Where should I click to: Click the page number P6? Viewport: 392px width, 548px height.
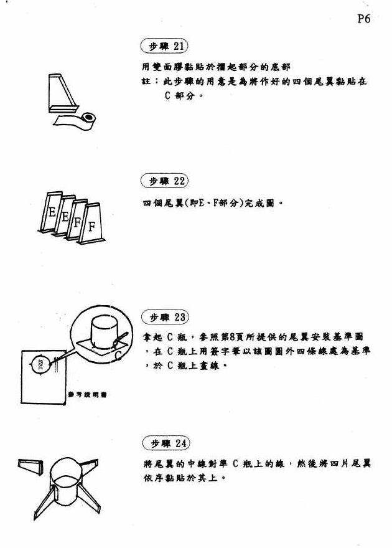tap(364, 19)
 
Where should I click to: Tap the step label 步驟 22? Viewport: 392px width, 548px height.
tap(165, 181)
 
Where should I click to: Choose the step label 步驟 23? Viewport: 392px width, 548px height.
tap(165, 318)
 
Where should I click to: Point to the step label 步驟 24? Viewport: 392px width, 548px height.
tap(165, 443)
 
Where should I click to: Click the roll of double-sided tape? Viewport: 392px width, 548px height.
tap(88, 118)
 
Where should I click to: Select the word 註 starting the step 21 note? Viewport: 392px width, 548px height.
tap(146, 82)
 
